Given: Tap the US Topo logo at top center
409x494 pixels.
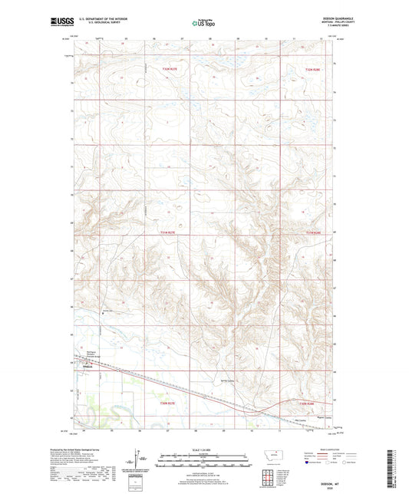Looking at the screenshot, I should click(204, 24).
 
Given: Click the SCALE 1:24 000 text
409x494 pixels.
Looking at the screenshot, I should click(204, 450).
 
